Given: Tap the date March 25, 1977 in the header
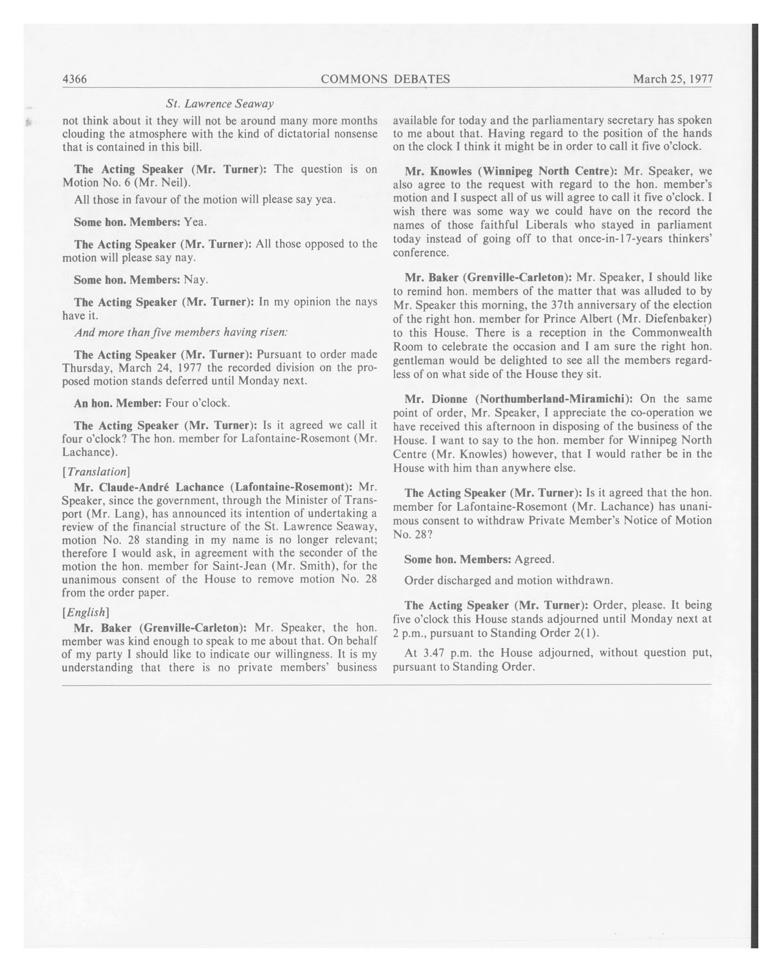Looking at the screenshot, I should [672, 79].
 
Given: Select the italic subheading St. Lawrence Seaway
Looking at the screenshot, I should [220, 104].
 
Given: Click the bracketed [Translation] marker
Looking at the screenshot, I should [96, 471].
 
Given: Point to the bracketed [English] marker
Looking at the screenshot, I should [86, 612].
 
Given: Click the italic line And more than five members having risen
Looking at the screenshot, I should [181, 332].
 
